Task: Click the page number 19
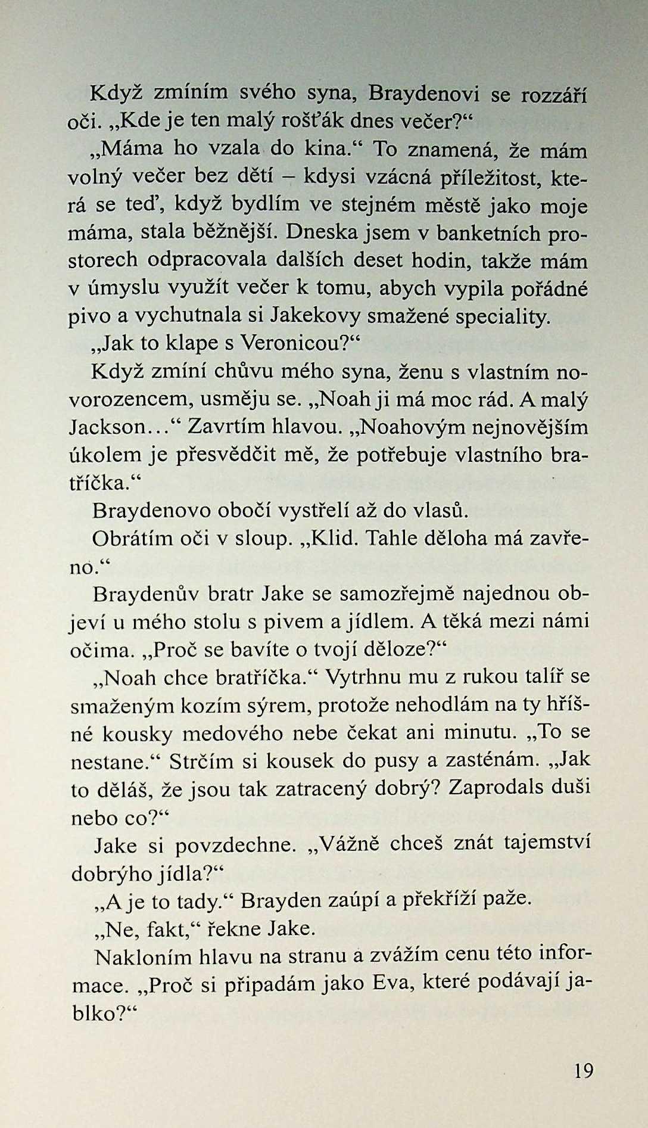pos(584,1070)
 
